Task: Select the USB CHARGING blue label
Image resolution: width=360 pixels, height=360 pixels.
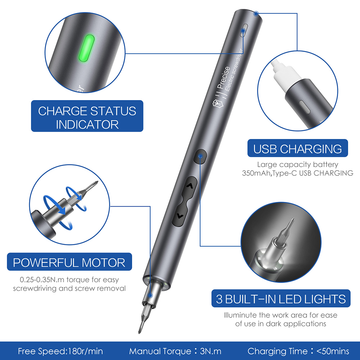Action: (297, 149)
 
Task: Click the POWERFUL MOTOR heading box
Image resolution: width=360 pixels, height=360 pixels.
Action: (69, 262)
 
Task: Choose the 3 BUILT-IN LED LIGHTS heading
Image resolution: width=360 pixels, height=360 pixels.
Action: (281, 299)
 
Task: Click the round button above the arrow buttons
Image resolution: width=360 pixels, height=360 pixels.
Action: (201, 157)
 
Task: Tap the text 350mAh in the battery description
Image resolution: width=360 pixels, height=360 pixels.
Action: (255, 173)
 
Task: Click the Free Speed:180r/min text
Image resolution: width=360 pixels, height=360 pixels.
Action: (60, 351)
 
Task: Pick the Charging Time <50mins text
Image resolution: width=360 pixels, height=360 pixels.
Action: (298, 351)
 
